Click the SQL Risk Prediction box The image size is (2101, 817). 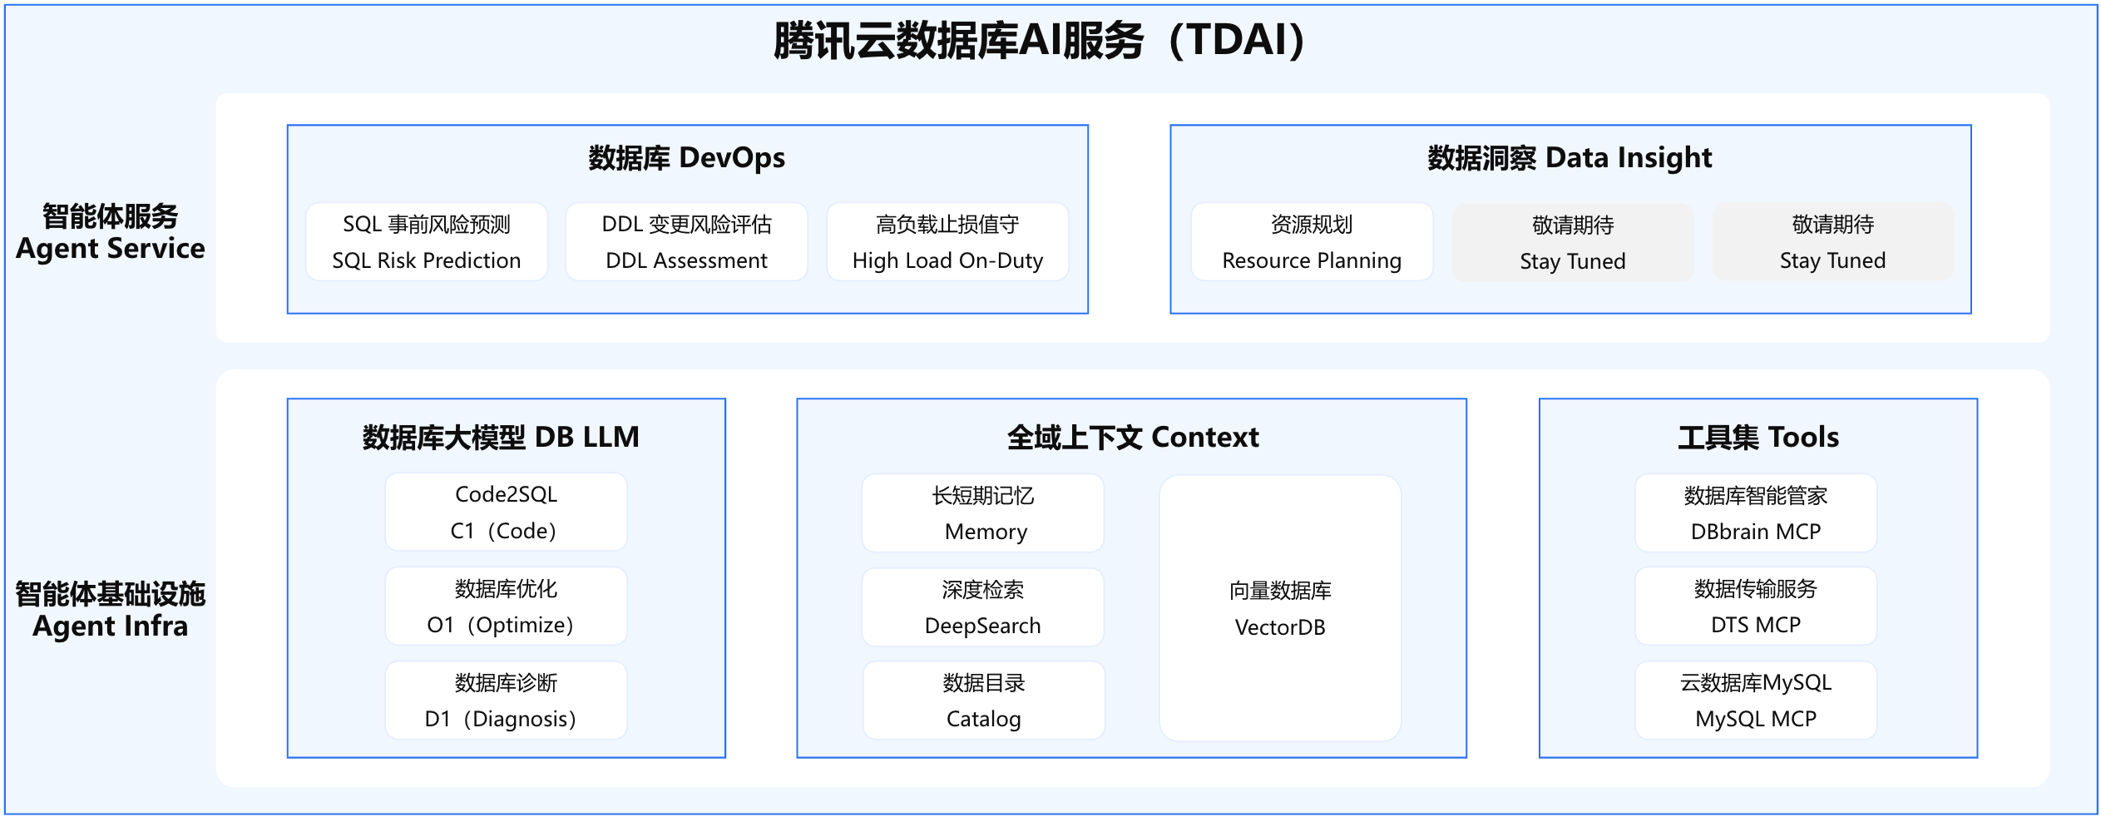(427, 242)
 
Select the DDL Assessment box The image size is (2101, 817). (686, 242)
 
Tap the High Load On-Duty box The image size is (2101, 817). (947, 242)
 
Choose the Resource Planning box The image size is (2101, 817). (1312, 242)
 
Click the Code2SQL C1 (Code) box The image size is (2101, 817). (506, 512)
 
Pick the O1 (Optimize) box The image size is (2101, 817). (506, 606)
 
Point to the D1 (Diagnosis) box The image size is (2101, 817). (506, 700)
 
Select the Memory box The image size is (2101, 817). (983, 512)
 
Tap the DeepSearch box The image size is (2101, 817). (983, 607)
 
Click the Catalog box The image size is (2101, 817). (983, 700)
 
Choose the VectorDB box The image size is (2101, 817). (1280, 608)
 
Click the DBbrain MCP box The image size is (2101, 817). (1756, 512)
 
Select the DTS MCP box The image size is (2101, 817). (1756, 606)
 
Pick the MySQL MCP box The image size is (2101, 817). (1756, 700)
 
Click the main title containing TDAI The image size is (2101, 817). (1039, 40)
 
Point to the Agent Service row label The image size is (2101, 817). (111, 232)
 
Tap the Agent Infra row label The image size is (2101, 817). (111, 610)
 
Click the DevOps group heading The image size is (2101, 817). (687, 157)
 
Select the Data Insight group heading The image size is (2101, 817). (1570, 157)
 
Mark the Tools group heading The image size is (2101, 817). (1758, 437)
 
